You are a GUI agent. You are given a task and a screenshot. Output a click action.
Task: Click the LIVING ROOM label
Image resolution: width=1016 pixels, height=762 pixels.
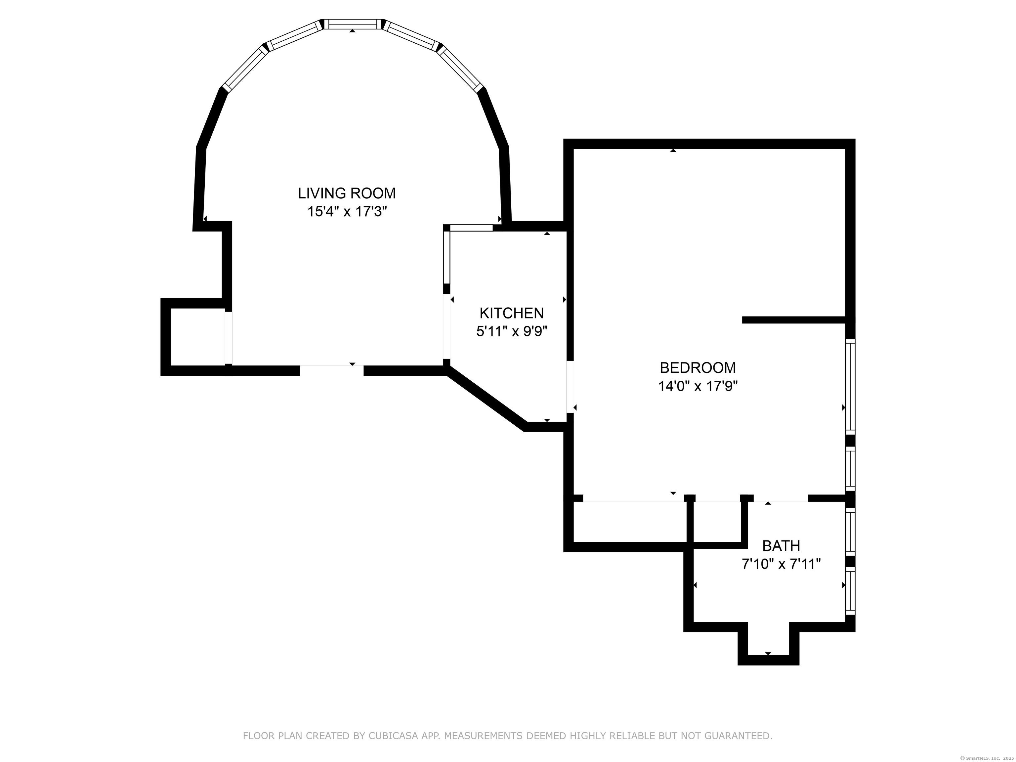[x=347, y=193]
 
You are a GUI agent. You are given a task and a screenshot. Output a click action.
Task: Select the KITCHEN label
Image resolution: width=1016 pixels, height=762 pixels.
[x=512, y=313]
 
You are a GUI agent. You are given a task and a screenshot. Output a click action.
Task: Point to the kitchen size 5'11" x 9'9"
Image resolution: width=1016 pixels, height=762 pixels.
[x=512, y=332]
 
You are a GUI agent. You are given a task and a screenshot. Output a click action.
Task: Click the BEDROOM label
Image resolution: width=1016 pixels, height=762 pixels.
[x=698, y=368]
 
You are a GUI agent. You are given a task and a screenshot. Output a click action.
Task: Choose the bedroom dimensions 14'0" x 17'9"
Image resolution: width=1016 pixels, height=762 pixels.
[x=698, y=386]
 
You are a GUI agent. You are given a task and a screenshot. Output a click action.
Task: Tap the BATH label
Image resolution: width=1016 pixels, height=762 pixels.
[x=781, y=546]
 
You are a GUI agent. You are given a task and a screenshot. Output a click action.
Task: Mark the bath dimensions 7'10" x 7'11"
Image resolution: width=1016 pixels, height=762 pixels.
[x=781, y=564]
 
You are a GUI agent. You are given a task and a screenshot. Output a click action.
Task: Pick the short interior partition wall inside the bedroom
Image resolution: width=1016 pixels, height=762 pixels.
[x=794, y=320]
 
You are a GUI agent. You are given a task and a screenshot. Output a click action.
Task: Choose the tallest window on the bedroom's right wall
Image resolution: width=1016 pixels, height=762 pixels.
[x=851, y=386]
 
